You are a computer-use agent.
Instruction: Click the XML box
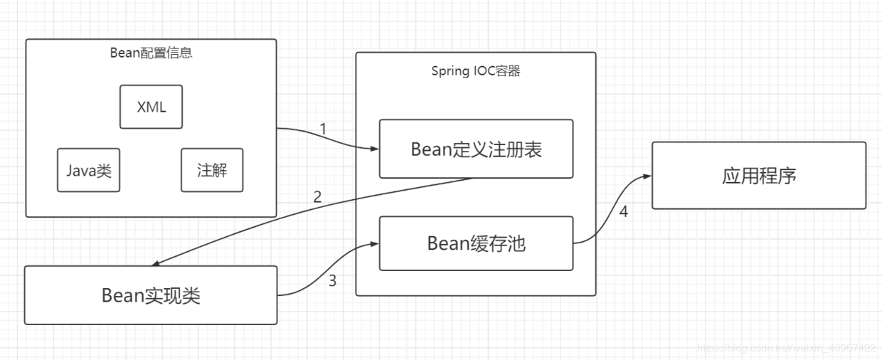151,107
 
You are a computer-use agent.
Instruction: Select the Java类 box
88,170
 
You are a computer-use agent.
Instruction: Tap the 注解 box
212,170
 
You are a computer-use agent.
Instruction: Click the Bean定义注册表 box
476,149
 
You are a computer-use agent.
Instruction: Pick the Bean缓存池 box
476,243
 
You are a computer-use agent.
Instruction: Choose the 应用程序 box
759,175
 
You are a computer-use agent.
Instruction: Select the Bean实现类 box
151,295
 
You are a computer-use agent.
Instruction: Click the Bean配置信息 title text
151,52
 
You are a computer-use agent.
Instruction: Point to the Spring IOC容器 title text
475,70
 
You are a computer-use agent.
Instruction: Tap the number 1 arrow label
323,129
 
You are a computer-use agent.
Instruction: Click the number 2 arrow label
318,197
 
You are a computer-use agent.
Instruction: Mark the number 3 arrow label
332,280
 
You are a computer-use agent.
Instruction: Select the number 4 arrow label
624,211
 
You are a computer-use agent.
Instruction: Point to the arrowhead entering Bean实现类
154,264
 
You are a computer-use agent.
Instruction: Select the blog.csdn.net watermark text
786,348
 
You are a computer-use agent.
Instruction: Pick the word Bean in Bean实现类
123,295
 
